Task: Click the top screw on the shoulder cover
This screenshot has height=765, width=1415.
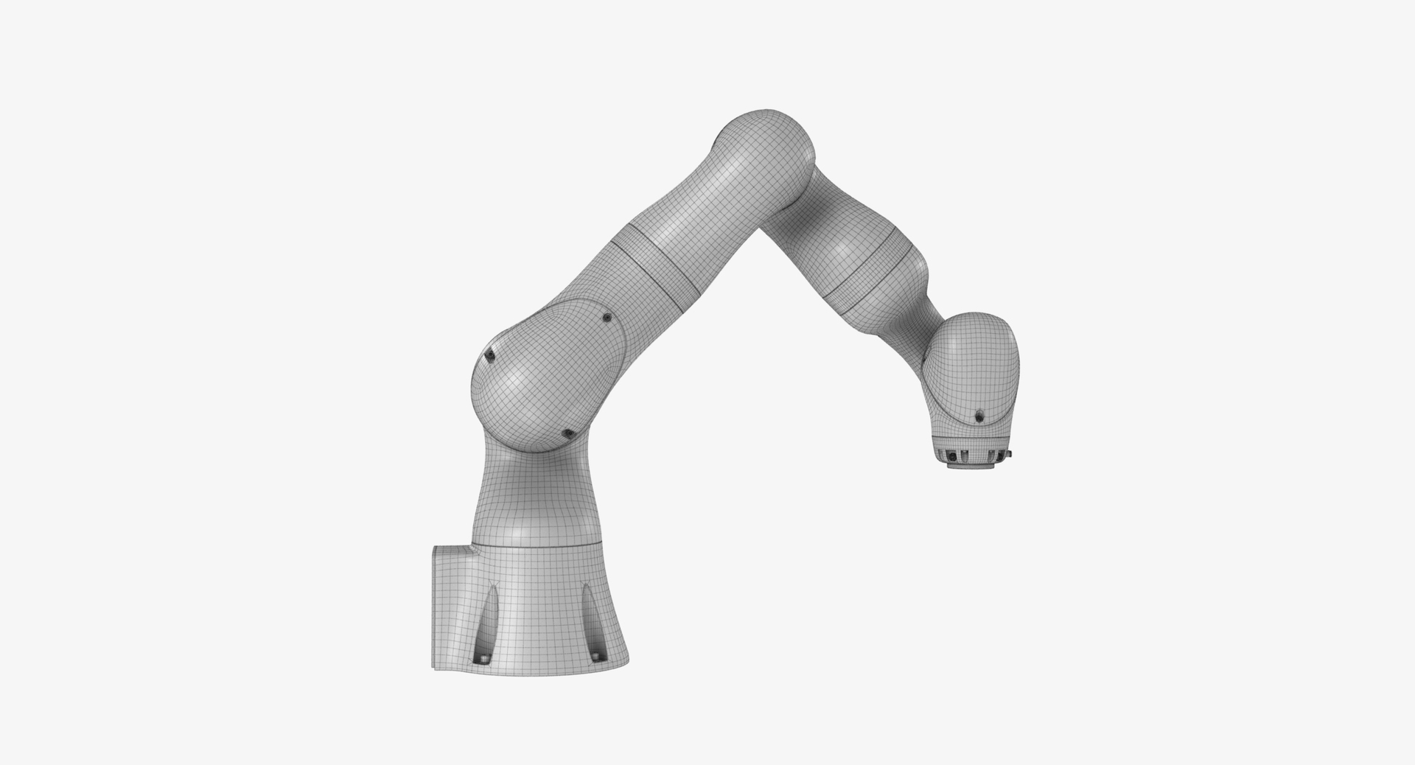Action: point(607,318)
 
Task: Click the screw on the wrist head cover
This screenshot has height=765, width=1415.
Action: point(979,416)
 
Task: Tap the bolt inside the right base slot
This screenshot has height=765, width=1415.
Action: point(595,654)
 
